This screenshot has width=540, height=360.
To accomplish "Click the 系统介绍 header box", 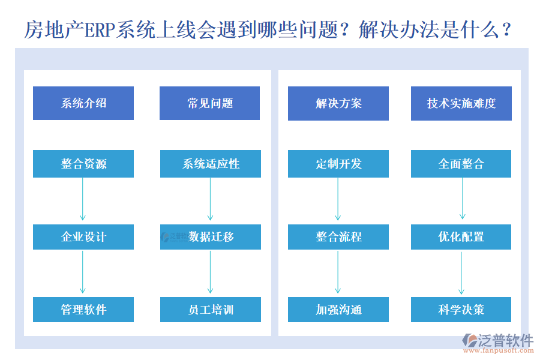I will [83, 103].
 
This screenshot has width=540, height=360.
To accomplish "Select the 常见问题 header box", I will [210, 103].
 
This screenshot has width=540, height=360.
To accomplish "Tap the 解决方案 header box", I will [338, 103].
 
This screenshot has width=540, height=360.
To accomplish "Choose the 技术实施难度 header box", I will [461, 103].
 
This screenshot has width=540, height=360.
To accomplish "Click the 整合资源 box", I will [83, 164].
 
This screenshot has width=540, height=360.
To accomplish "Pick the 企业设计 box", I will [83, 237].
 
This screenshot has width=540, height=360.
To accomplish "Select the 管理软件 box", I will [83, 310].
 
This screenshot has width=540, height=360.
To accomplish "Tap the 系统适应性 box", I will [210, 164].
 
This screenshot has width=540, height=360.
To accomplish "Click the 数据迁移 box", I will [210, 237].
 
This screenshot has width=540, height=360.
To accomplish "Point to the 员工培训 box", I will [210, 310].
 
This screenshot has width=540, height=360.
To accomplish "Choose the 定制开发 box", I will [338, 164].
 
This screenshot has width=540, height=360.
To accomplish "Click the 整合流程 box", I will [338, 237].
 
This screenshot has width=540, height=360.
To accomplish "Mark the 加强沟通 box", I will [338, 310].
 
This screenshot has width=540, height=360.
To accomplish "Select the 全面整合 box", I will [461, 164].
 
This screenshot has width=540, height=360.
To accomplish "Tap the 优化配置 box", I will [461, 237].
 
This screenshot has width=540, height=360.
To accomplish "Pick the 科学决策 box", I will [461, 310].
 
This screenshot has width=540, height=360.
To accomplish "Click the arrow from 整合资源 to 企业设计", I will [83, 200].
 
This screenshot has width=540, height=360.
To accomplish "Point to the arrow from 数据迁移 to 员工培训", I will [210, 272].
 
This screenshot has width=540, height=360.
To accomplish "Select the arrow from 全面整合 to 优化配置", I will [462, 199].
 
